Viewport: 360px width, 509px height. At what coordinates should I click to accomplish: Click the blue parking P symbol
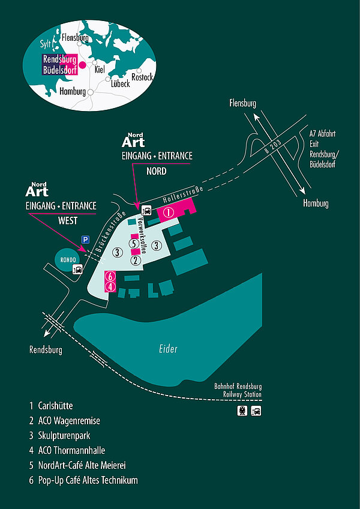coord(85,239)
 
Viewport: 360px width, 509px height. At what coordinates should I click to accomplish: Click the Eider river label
coord(168,349)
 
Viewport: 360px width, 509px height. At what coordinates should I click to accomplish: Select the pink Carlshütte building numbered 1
coord(170,212)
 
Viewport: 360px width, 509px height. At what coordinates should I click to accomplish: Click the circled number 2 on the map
coord(136,261)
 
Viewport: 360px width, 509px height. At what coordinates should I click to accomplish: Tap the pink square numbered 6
coord(109,276)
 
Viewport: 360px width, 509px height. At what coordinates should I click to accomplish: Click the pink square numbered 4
coord(109,286)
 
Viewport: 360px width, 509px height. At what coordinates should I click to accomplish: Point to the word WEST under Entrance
coord(67,221)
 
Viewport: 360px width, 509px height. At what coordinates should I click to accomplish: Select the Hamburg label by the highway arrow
coord(316,203)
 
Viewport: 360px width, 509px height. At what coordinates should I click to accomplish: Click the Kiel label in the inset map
coord(100,69)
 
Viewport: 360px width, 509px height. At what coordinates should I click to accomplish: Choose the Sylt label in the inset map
coord(46,44)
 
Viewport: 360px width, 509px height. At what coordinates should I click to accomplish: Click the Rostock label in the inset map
coord(142,77)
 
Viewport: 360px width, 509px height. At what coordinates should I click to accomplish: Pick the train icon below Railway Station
coord(242,411)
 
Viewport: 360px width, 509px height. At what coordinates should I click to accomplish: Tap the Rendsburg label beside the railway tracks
coord(46,350)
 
